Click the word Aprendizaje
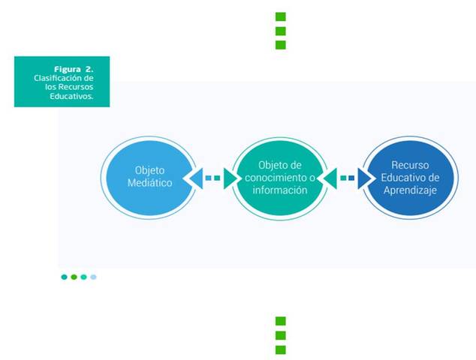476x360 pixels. (x=409, y=190)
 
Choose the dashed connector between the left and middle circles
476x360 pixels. (x=213, y=178)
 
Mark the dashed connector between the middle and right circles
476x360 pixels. (x=347, y=178)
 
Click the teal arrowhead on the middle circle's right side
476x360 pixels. (x=329, y=178)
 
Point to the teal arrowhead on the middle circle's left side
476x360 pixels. (x=230, y=178)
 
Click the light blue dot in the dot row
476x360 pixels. (x=94, y=277)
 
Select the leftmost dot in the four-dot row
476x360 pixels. (x=65, y=277)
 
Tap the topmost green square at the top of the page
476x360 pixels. (x=281, y=16)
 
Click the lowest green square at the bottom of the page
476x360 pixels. (x=281, y=349)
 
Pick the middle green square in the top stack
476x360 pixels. (x=281, y=31)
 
